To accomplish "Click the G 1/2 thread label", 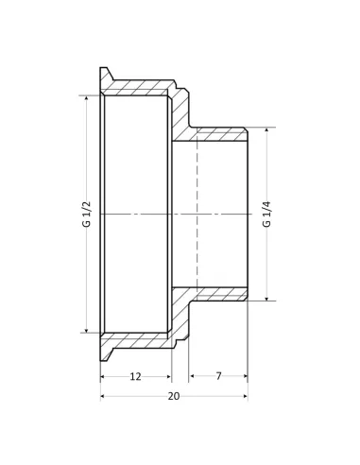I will pyautogui.click(x=87, y=215).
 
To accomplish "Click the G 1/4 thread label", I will pyautogui.click(x=266, y=215).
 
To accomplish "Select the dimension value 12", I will pyautogui.click(x=135, y=376).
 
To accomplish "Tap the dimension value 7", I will pyautogui.click(x=218, y=376).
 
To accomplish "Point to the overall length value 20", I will pyautogui.click(x=173, y=396).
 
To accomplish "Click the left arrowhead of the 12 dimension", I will pyautogui.click(x=104, y=376).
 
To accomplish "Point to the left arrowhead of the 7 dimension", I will pyautogui.click(x=193, y=376).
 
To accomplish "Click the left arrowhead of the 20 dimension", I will pyautogui.click(x=104, y=396).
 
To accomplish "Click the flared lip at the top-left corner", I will pyautogui.click(x=105, y=74).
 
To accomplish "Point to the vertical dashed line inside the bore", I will pyautogui.click(x=197, y=215).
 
